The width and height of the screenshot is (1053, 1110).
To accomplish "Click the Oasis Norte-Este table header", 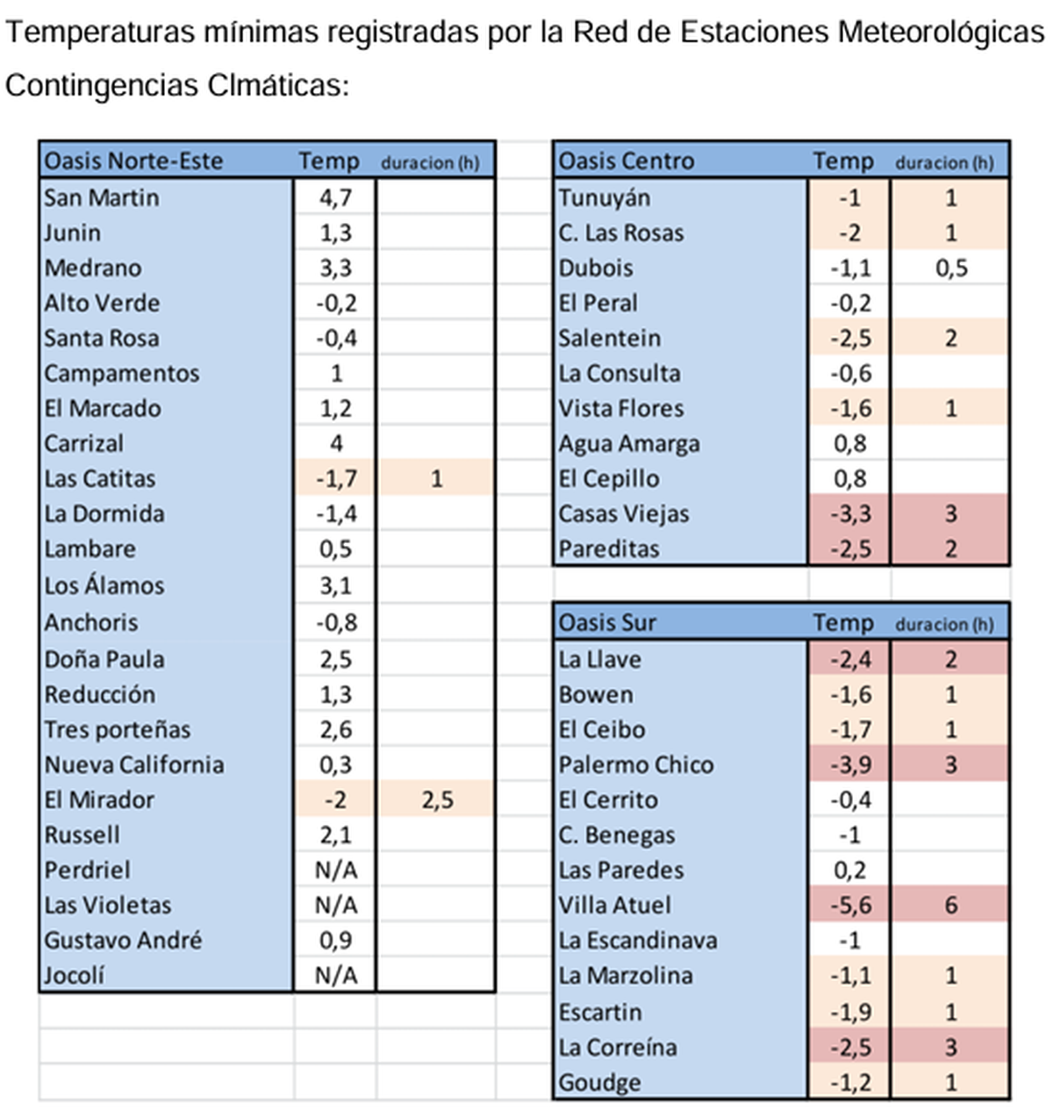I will click(x=133, y=161).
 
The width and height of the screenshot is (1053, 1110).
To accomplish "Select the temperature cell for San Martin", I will click(x=335, y=197).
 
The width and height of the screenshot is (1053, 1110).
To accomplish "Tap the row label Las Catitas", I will click(x=100, y=479).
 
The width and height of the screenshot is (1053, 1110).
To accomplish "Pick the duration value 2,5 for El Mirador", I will click(x=436, y=800).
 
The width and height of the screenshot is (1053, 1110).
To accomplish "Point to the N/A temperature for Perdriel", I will click(x=335, y=870).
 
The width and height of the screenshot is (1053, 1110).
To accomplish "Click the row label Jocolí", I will click(x=75, y=976).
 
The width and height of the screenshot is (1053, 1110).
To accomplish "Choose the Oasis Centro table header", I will click(x=626, y=161).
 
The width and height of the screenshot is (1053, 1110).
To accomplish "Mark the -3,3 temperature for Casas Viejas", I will click(x=849, y=514).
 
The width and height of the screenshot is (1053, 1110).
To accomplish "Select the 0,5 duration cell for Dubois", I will click(x=950, y=269).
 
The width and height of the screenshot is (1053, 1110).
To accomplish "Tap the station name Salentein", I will click(x=610, y=339).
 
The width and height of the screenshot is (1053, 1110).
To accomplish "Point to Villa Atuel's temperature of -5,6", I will click(x=849, y=906).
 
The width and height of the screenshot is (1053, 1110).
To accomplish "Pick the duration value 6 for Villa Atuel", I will click(x=950, y=906).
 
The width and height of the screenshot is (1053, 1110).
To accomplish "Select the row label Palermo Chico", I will click(x=635, y=765).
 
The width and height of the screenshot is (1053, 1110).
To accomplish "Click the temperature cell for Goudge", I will click(x=849, y=1083).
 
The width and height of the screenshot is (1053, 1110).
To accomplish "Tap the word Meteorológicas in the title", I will click(x=941, y=32).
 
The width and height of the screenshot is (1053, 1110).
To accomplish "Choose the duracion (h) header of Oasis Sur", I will click(x=944, y=625).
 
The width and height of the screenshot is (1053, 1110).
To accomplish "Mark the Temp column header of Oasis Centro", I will click(x=842, y=161).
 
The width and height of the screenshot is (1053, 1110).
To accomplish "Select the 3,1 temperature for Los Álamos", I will click(x=335, y=586).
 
